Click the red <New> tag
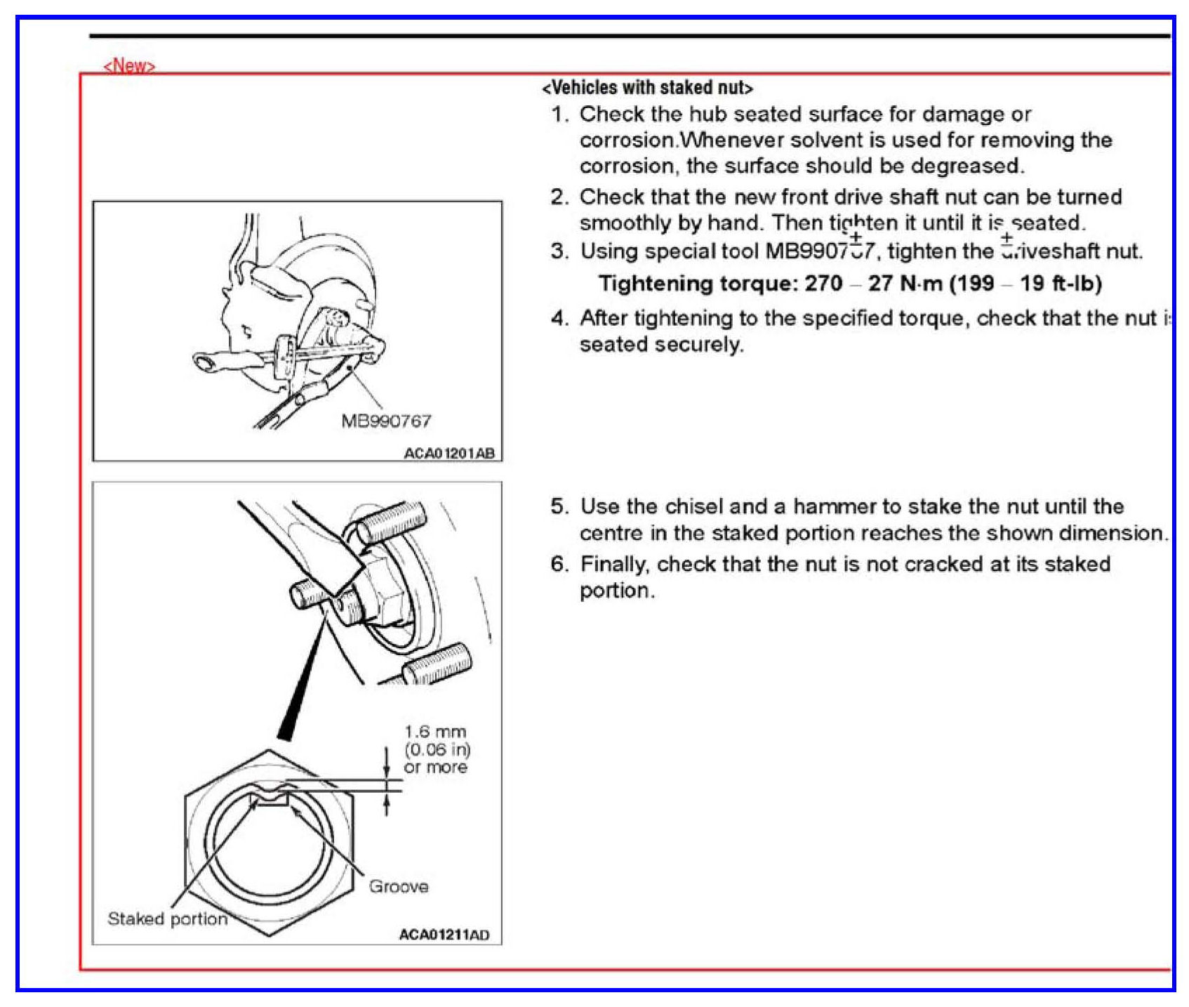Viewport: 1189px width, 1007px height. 129,65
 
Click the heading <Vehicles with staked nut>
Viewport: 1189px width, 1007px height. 647,88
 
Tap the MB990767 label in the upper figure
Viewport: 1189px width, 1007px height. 386,421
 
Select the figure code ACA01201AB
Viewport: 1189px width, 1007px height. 449,453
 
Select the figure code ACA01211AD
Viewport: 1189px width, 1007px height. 444,935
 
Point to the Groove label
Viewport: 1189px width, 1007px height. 399,886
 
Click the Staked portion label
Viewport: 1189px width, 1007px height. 167,919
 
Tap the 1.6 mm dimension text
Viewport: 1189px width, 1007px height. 435,732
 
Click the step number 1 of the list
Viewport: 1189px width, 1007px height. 559,114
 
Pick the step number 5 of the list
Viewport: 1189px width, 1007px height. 559,506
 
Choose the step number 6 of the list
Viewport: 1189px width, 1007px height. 559,564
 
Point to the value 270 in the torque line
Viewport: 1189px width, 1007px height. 823,283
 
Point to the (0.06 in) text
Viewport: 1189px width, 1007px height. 437,749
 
